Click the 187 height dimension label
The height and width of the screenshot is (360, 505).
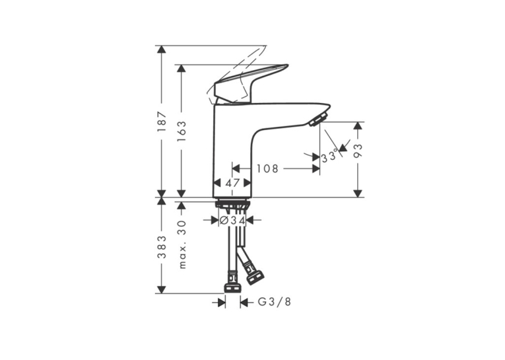point(162,121)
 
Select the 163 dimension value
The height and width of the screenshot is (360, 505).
point(182,131)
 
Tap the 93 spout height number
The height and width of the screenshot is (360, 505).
point(358,151)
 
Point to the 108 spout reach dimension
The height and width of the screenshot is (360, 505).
point(267,168)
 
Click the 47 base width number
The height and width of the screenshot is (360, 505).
point(232,183)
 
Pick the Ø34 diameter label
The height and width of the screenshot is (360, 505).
point(232,221)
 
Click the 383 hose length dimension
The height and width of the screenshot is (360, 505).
point(162,247)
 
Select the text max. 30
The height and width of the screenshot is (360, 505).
point(182,244)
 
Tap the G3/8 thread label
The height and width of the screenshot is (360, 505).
point(275,302)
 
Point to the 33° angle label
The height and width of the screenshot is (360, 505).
point(329,157)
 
